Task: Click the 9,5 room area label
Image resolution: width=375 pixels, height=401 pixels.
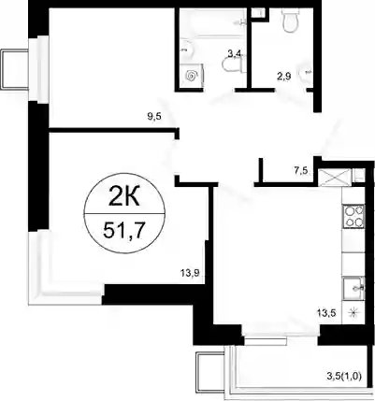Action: pos(155,117)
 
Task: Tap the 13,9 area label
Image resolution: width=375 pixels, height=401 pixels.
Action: pos(189,273)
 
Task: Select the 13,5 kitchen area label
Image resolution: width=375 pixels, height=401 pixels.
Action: pos(325,313)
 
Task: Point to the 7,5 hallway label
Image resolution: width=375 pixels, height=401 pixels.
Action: pos(300,170)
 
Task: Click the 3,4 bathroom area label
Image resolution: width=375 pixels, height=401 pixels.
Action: pos(234,53)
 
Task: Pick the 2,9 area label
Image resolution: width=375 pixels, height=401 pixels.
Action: pos(284,76)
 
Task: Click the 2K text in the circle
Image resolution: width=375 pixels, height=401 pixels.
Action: pos(123,197)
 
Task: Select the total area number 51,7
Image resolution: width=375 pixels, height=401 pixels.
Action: pos(123,230)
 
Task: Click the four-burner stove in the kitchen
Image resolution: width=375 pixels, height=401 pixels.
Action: pos(353,216)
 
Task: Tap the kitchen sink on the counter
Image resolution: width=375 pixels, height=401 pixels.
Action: pos(353,289)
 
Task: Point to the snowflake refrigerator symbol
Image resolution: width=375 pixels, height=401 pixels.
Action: pos(353,312)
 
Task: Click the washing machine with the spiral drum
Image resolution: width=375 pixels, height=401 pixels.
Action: pos(191,76)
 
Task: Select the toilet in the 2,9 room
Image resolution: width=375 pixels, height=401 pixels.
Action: pos(290,20)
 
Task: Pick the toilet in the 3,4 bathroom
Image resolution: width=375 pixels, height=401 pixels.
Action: pos(234,64)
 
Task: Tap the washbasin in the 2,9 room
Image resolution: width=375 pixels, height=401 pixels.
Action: pos(306,74)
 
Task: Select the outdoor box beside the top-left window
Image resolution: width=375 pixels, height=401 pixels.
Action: pos(15,69)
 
